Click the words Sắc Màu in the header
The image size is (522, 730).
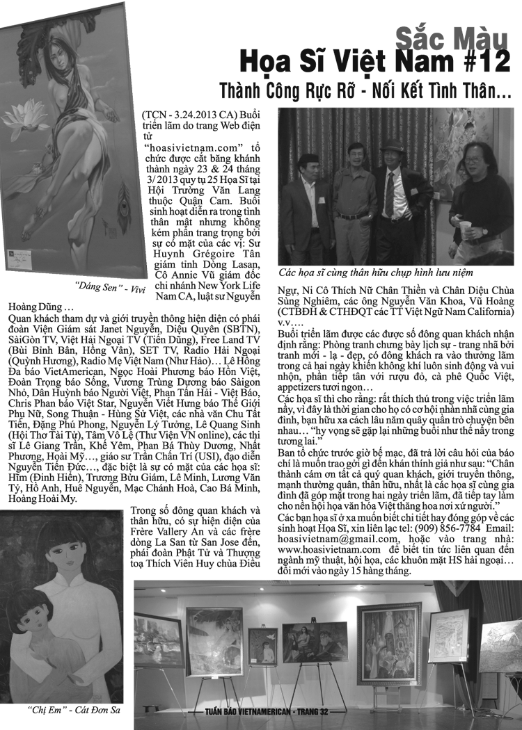[453, 36]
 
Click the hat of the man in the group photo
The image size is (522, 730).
[393, 145]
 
